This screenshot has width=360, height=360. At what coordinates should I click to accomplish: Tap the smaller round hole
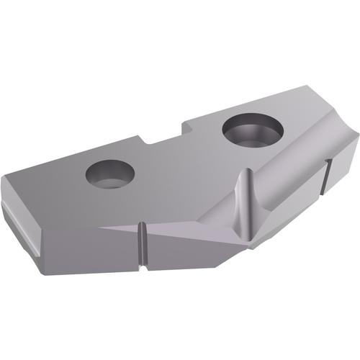[111, 174]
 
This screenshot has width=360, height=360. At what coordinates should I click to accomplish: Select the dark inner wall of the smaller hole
[108, 169]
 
